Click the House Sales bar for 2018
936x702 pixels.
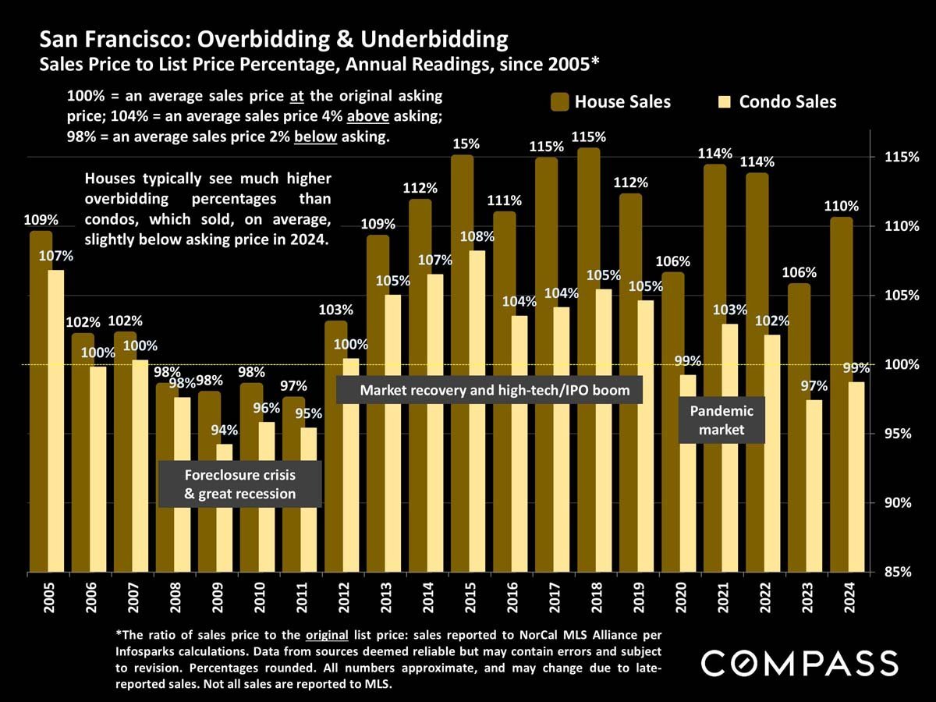pyautogui.click(x=588, y=359)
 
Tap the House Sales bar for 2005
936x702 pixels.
pyautogui.click(x=41, y=401)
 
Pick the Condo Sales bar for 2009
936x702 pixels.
pyautogui.click(x=224, y=507)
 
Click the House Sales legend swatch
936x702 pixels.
pyautogui.click(x=560, y=102)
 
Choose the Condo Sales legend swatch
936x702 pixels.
pyautogui.click(x=725, y=102)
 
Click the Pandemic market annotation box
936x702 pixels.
pyautogui.click(x=721, y=420)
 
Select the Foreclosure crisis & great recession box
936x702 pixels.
pyautogui.click(x=239, y=484)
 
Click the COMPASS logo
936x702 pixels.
pyautogui.click(x=799, y=664)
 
